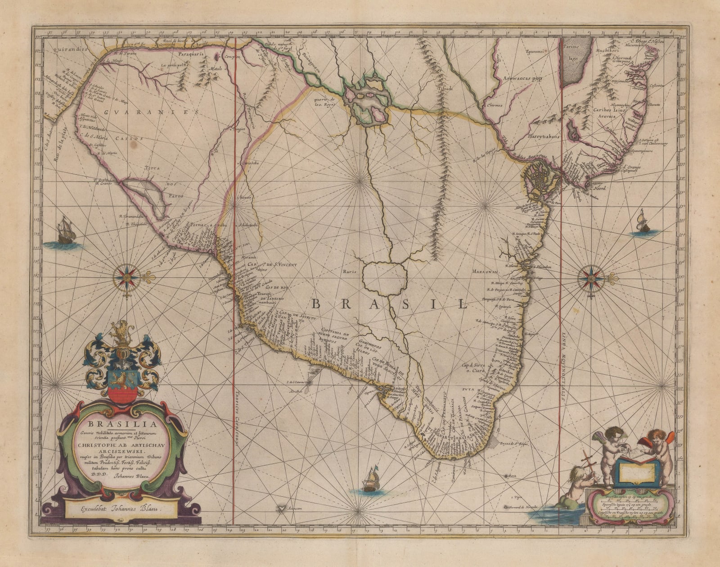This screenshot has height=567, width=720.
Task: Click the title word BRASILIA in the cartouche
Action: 122,424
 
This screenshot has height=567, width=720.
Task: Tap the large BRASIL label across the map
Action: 389,304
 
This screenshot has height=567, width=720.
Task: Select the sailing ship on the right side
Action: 641,222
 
